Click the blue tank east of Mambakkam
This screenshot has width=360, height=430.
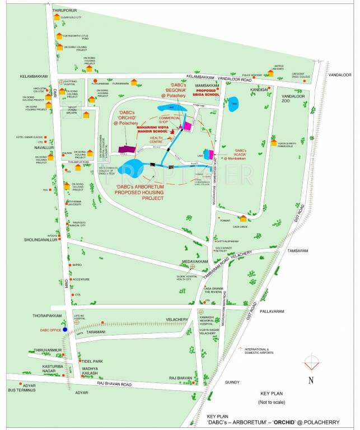tap(232, 104)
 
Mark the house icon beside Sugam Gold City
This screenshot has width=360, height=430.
tap(57, 17)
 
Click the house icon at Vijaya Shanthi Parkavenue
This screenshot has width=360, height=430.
tap(273, 142)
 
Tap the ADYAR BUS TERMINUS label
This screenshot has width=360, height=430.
tap(21, 387)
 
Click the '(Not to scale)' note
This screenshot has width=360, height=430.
tap(272, 403)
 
